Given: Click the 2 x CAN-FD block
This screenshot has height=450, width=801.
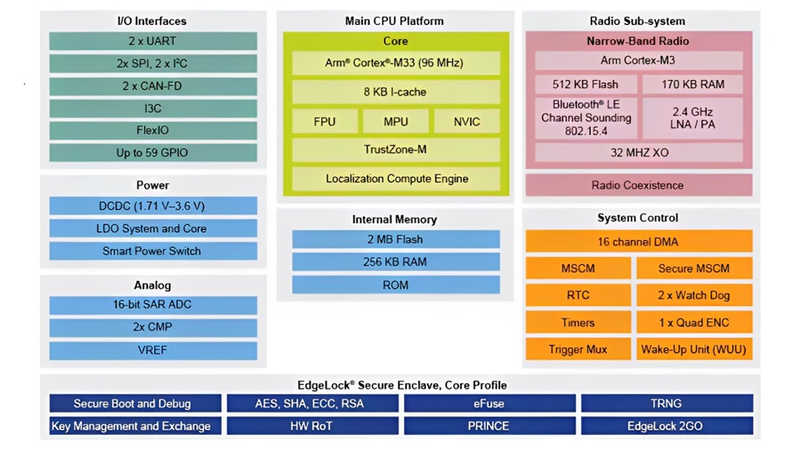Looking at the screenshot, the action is [153, 86].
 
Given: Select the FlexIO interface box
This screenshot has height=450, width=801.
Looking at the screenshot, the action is [153, 131].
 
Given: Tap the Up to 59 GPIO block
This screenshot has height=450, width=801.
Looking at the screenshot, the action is [153, 153].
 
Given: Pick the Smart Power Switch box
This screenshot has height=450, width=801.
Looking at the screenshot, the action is [153, 251].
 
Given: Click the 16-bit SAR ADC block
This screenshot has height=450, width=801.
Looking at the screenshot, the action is [153, 305].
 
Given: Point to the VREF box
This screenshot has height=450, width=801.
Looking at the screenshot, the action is [153, 350].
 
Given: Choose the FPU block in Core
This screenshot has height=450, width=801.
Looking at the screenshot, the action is [325, 122].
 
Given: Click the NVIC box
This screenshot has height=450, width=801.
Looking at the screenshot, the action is [467, 122].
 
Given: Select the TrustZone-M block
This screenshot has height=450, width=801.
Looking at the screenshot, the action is [396, 149].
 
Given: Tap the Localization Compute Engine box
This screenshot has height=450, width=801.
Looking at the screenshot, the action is [396, 179].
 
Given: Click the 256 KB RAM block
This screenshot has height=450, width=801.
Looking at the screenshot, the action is [396, 261].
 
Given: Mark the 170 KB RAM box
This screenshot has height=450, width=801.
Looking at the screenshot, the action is [692, 84].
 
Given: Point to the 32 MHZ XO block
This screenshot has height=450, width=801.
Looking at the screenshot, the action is [639, 153].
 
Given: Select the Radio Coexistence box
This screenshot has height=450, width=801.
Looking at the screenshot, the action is [639, 185].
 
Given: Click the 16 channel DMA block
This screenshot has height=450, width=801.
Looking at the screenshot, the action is [639, 241].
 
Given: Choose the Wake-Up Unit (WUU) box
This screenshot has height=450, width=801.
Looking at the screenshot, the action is [694, 350].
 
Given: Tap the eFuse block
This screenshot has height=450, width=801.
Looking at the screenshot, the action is [489, 404].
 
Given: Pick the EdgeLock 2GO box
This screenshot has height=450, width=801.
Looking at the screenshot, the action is [667, 426].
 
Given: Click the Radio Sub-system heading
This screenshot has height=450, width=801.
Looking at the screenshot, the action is [637, 21].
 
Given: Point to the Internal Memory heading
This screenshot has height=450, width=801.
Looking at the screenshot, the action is [395, 220].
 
